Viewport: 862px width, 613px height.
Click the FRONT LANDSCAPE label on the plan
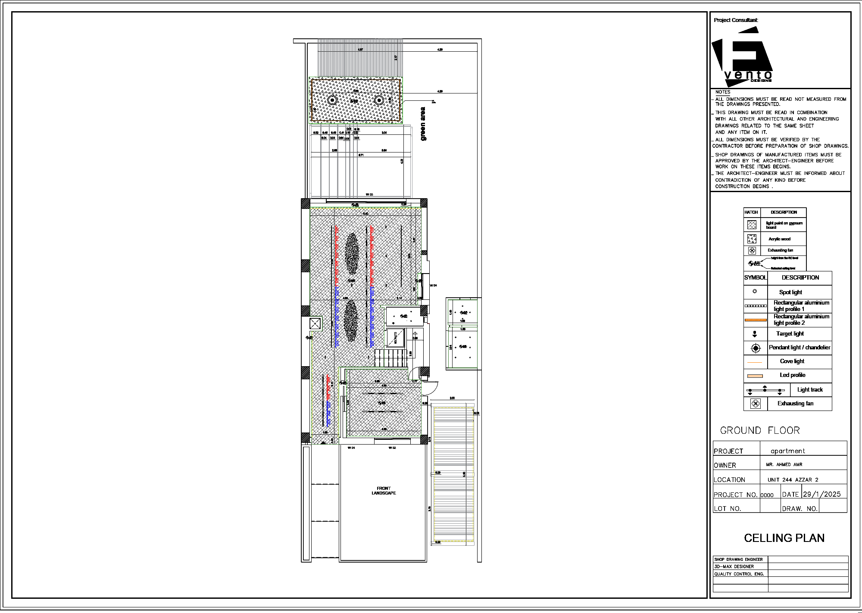point(384,491)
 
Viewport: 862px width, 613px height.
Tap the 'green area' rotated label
point(423,124)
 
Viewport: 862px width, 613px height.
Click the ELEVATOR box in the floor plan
point(395,338)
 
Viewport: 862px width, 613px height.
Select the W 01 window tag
point(351,448)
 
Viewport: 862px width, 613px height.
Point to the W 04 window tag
point(433,286)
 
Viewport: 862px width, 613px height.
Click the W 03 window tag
point(369,195)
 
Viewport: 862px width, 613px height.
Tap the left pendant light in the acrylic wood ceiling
point(332,100)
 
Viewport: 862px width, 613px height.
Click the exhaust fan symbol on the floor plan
point(315,323)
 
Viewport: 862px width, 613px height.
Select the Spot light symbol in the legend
point(755,292)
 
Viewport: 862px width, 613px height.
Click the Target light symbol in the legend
point(755,334)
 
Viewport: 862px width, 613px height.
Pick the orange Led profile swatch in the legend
point(755,376)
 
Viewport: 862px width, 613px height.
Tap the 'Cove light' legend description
point(792,361)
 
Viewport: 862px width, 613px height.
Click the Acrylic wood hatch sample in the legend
point(752,239)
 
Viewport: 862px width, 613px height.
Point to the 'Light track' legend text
point(810,390)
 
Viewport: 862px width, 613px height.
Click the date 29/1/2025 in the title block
point(821,495)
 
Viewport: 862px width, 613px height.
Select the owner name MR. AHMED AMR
point(784,465)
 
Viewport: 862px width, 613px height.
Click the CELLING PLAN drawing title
point(784,538)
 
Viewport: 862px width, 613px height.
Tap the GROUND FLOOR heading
point(760,431)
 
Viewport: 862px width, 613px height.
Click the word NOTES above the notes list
point(723,92)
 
